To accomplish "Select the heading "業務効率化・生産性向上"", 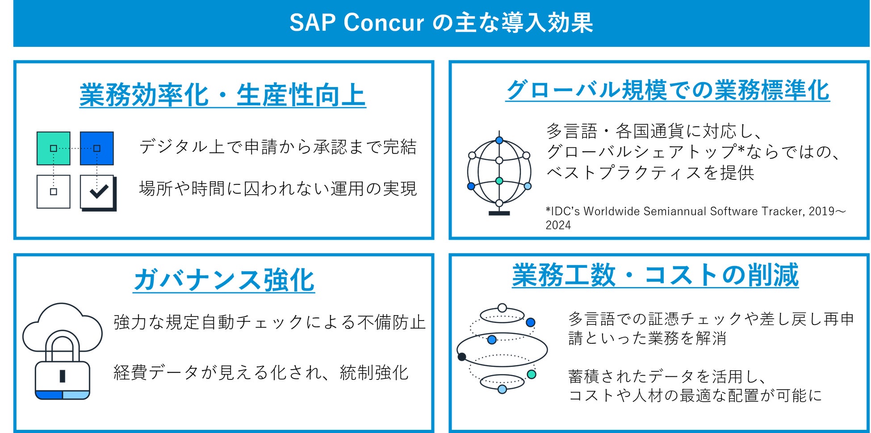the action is [x=222, y=95].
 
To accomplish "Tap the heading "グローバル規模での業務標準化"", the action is [x=668, y=90].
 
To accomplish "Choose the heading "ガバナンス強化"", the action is [x=224, y=280].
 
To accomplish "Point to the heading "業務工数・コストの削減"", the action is [x=655, y=275].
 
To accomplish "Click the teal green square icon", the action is [x=54, y=148].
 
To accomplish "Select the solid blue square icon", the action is [x=97, y=148].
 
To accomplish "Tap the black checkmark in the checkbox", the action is [x=99, y=191].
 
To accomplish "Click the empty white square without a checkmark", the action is [x=54, y=192].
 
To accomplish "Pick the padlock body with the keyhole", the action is [x=63, y=380].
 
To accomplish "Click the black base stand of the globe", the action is [x=499, y=213].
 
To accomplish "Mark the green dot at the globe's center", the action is [x=499, y=181].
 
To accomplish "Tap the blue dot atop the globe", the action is [x=499, y=140].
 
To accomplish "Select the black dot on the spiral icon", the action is [x=462, y=357].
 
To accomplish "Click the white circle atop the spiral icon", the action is [x=502, y=308].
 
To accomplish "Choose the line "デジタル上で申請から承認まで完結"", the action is [x=278, y=146].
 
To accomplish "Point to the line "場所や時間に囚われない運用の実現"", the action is [x=278, y=188].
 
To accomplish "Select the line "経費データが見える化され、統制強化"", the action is [x=261, y=372].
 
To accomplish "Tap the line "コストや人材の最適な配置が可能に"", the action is [x=695, y=395].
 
